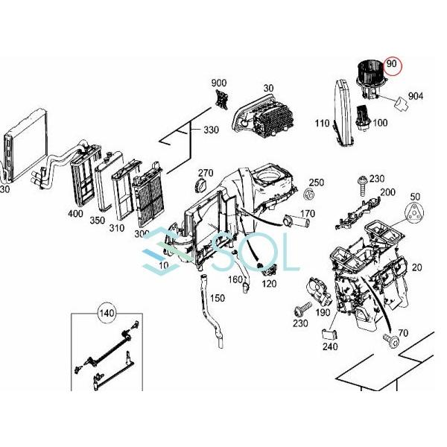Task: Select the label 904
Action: coord(415,96)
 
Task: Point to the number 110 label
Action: coord(322,124)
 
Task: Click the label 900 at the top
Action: coord(219,83)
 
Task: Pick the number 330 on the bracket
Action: coord(211,130)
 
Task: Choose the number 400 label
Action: coord(75,214)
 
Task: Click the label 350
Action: coord(98,221)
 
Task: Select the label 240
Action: coord(329,346)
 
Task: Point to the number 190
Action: coord(323,314)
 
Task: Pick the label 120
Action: coord(268,284)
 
